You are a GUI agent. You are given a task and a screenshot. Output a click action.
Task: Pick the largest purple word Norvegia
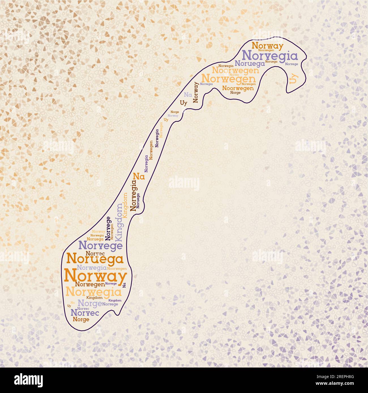point(270,56)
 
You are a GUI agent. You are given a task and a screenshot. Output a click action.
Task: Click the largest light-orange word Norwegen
point(228,78)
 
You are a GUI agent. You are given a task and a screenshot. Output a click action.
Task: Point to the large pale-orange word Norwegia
point(93,291)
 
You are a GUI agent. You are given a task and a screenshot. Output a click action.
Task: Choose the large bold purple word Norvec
point(85,313)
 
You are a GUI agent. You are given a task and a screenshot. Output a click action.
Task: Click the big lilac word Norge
point(89,304)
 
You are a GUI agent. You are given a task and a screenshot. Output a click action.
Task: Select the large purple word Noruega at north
point(250,64)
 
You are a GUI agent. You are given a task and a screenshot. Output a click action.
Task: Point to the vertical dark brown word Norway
point(196,92)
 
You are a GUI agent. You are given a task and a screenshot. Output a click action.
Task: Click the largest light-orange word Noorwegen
point(235,70)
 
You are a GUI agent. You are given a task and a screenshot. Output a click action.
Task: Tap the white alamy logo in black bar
point(28,380)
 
